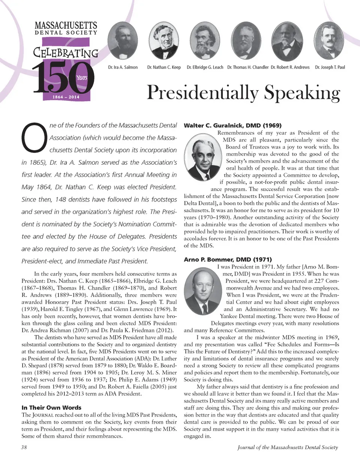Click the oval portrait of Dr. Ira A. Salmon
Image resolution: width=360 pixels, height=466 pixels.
pyautogui.click(x=123, y=42)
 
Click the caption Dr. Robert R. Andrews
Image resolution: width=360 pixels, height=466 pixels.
pyautogui.click(x=290, y=68)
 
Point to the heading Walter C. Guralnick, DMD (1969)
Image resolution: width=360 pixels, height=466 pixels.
pyautogui.click(x=232, y=125)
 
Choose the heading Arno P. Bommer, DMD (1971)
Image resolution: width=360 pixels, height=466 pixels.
pyautogui.click(x=228, y=260)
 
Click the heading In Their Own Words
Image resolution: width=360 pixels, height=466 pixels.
pyautogui.click(x=51, y=407)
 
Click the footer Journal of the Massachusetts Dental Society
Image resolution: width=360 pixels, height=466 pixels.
pyautogui.click(x=288, y=447)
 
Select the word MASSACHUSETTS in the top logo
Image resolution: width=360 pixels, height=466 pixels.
pyautogui.click(x=66, y=26)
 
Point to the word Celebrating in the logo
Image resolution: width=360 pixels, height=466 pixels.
pyautogui.click(x=66, y=52)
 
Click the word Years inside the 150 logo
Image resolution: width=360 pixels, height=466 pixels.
pyautogui.click(x=81, y=78)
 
